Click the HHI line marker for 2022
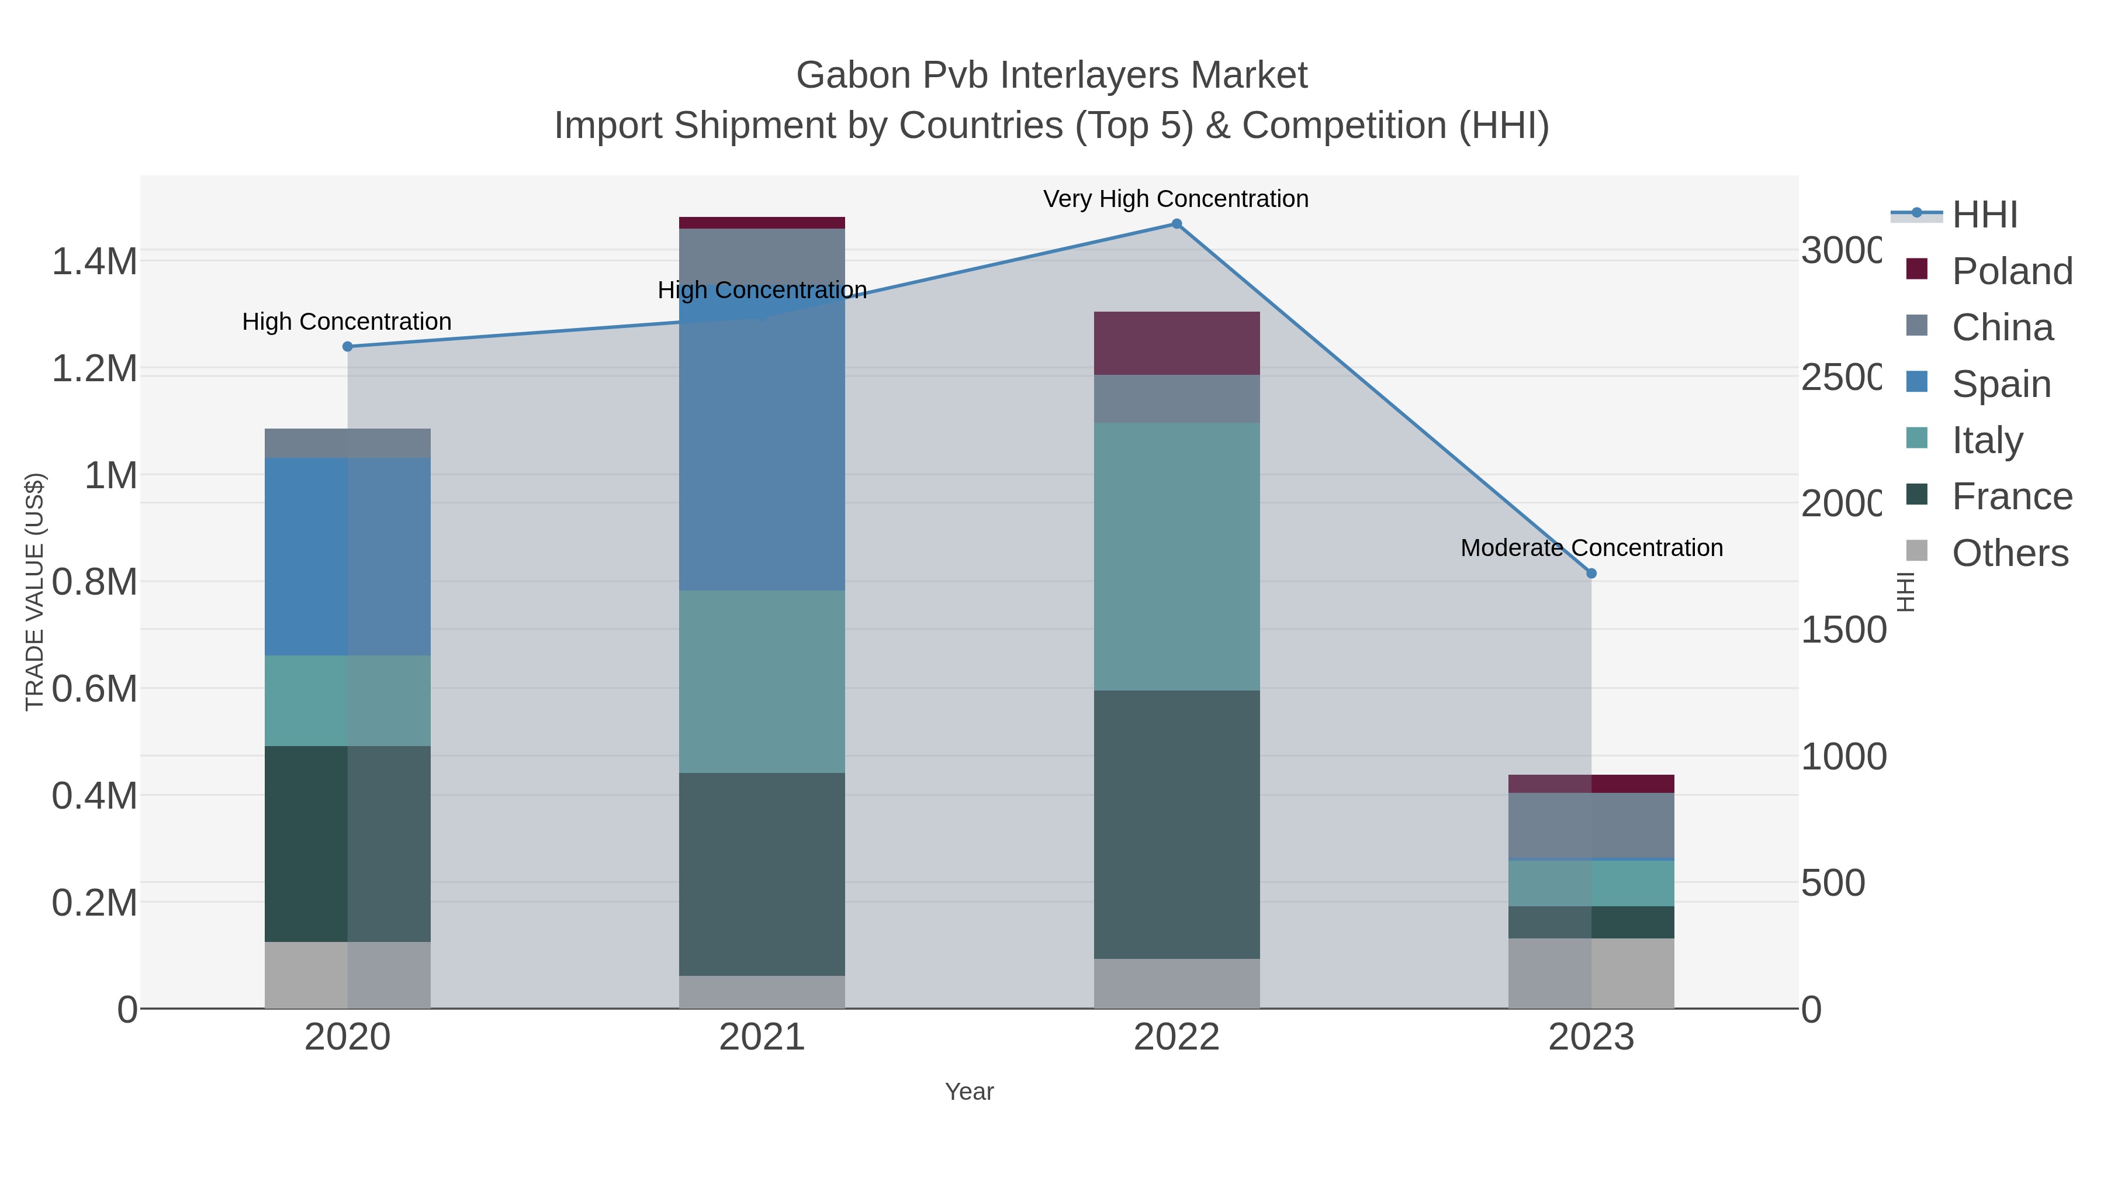[x=1176, y=224]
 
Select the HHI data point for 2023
[x=1591, y=574]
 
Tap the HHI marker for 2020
[x=347, y=347]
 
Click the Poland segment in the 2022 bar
[x=1176, y=343]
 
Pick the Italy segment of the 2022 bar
[x=1176, y=555]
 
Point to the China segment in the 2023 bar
[x=1591, y=825]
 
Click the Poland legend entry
[x=2011, y=271]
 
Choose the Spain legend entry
[x=2001, y=384]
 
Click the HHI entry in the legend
[x=1985, y=215]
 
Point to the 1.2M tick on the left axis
[x=94, y=368]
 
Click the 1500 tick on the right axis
[x=1843, y=630]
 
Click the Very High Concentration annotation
[x=1175, y=199]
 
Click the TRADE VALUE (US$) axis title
[x=34, y=592]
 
